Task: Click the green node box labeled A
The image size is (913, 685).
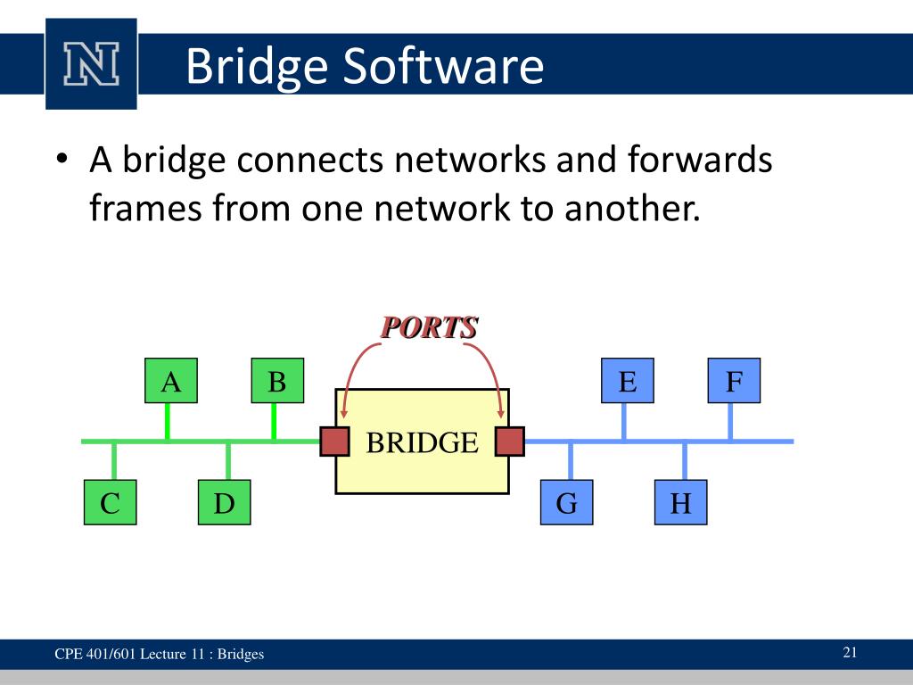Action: coord(170,382)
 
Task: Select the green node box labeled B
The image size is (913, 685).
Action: coord(277,382)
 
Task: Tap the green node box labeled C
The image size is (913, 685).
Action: coord(111,503)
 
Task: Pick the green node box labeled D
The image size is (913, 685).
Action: coord(224,503)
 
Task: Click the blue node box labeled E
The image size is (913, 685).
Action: coord(627,382)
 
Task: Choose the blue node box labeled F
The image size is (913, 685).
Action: coord(734,382)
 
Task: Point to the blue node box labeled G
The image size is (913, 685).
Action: coord(566,503)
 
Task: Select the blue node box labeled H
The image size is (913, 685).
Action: coord(680,503)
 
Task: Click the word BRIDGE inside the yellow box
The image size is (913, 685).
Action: coord(422,442)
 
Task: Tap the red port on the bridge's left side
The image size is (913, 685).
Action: coord(334,442)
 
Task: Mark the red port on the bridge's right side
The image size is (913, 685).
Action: coord(510,442)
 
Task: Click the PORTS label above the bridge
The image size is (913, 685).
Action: coord(428,327)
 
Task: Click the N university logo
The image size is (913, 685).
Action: coord(91,63)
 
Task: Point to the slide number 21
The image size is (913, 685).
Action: coord(850,652)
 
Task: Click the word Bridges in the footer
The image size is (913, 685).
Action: coord(241,655)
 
